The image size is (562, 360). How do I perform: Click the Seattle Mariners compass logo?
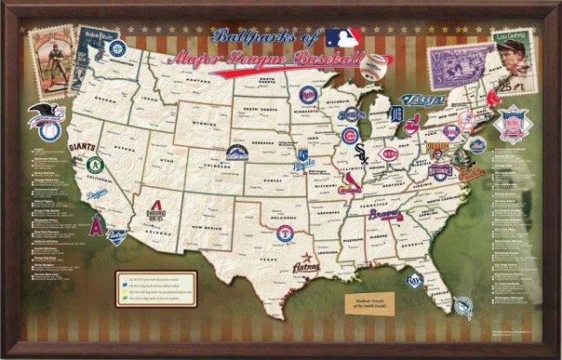pos(117,48)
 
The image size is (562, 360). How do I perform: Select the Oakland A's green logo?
pos(94,165)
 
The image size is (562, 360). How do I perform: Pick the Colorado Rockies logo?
pos(237,153)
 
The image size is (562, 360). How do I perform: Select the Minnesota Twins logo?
pos(308,94)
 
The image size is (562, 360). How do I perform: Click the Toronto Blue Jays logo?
pos(421,100)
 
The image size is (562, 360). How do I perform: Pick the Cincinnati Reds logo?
pos(390,153)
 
